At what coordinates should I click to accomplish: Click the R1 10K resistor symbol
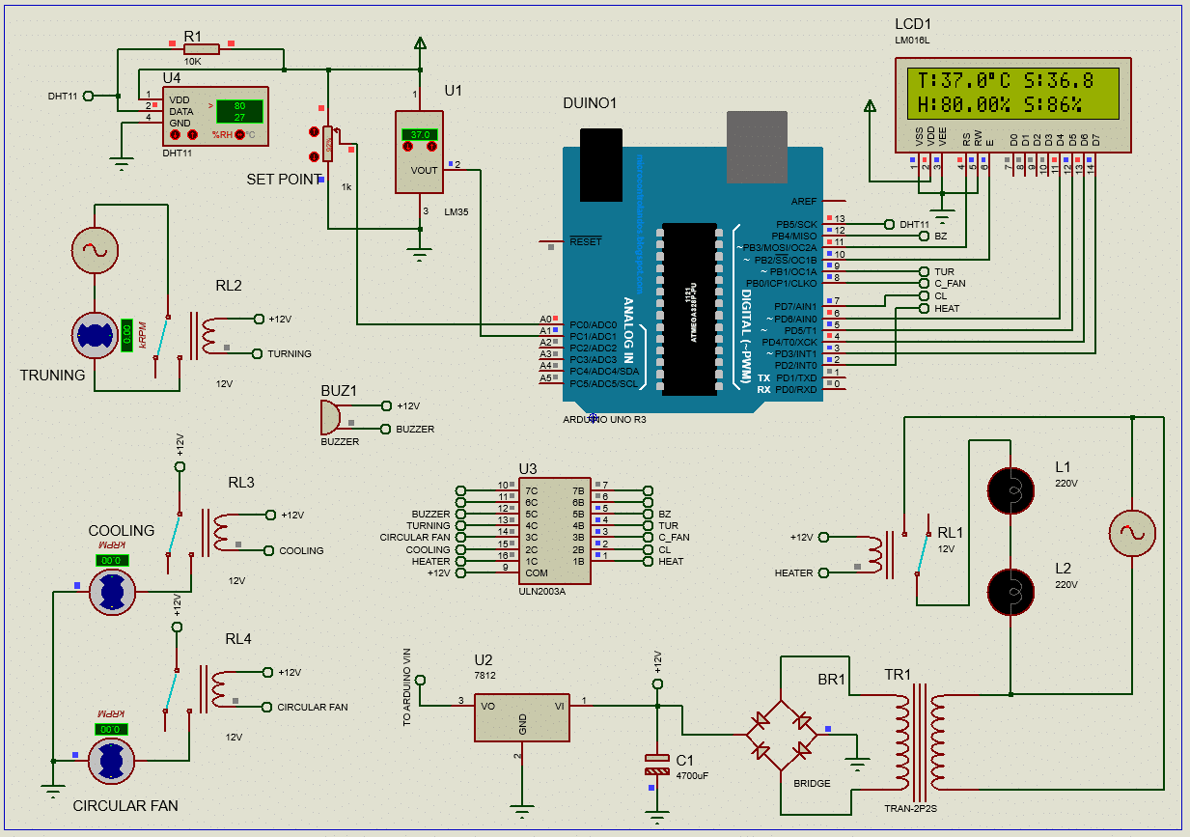pos(203,48)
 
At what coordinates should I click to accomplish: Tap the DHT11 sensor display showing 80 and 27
pos(238,111)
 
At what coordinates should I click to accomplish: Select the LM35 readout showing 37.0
pos(420,135)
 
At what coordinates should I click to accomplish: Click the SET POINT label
pos(285,180)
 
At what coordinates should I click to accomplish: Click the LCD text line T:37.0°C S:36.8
pos(1006,81)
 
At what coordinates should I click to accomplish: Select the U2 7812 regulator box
pos(522,717)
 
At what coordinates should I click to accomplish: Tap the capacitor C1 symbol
pos(657,765)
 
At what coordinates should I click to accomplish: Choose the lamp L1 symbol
pos(1013,490)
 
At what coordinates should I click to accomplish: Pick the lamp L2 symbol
pos(1013,590)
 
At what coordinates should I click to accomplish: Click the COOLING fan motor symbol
pos(111,591)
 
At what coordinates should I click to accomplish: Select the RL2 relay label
pos(229,286)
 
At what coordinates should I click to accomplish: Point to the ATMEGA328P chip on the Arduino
pos(689,309)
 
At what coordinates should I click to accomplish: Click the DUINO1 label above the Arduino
pos(590,103)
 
